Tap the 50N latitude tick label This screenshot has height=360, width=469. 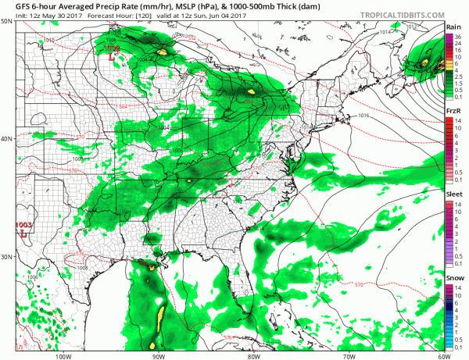pos(7,22)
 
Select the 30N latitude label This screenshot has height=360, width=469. pos(7,258)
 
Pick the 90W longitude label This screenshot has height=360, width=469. pos(158,355)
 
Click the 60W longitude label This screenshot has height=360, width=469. pos(442,355)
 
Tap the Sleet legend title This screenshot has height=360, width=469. pos(453,198)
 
